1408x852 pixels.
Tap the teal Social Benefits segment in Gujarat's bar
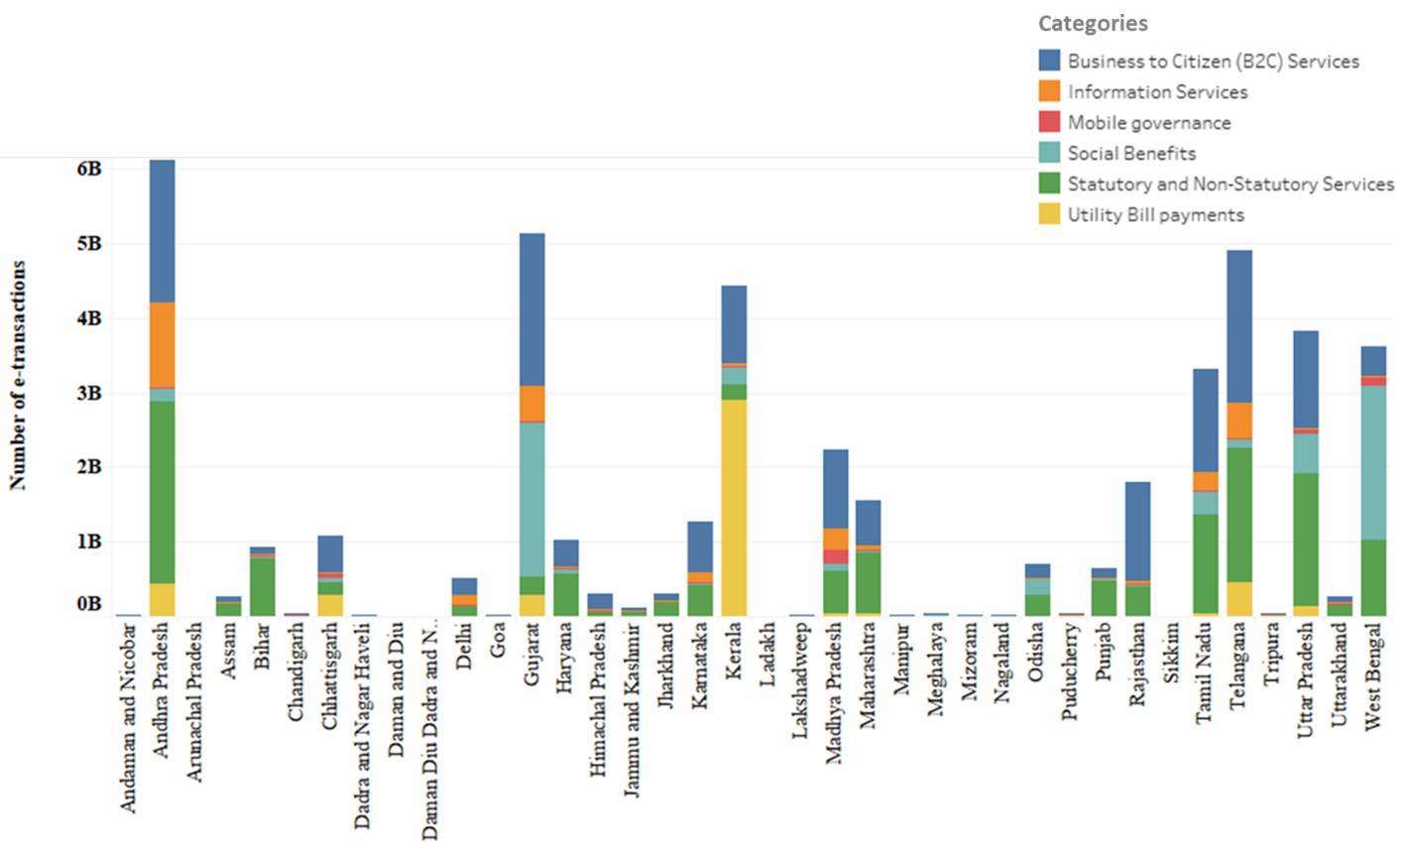(x=531, y=498)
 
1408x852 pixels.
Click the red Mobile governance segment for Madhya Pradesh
(x=835, y=556)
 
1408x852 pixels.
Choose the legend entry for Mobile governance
(x=1148, y=123)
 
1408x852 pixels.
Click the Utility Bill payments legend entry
(x=1155, y=215)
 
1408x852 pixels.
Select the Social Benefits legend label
(x=1131, y=154)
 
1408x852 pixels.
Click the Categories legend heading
(x=1093, y=23)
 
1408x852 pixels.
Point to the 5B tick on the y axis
(x=88, y=244)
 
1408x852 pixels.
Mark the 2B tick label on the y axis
(x=88, y=467)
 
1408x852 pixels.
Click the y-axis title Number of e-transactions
(x=18, y=375)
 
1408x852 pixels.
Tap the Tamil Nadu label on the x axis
(x=1206, y=674)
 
